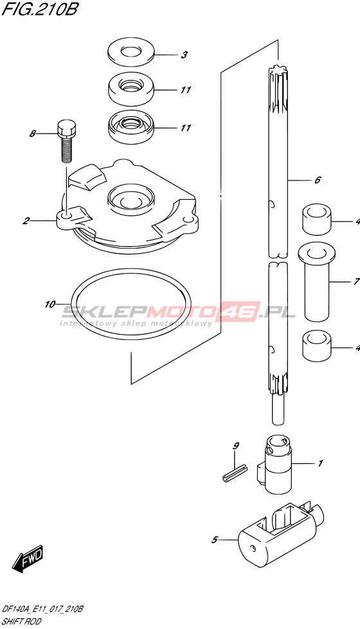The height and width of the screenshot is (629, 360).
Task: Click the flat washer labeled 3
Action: pyautogui.click(x=131, y=54)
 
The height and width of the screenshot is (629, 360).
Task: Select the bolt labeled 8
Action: pyautogui.click(x=66, y=141)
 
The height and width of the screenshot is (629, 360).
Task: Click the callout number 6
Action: pyautogui.click(x=318, y=180)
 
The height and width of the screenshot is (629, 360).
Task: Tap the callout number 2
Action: pyautogui.click(x=26, y=220)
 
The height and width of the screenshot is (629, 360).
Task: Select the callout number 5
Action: pyautogui.click(x=214, y=540)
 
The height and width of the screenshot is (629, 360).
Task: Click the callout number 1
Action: pyautogui.click(x=320, y=464)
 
